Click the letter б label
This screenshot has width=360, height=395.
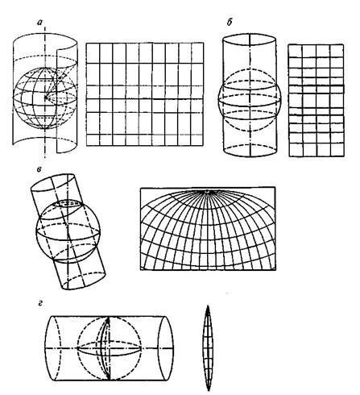(x=230, y=23)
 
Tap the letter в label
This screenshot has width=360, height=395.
(x=39, y=169)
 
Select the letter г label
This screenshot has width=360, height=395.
(x=40, y=304)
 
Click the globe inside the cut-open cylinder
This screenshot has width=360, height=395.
(x=45, y=98)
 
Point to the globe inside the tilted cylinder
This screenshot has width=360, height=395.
(x=68, y=231)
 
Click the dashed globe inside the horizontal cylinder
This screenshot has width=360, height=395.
(x=110, y=348)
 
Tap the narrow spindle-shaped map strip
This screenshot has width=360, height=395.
(x=208, y=348)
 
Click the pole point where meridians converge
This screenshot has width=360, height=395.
(x=207, y=191)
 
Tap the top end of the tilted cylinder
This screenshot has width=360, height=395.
(x=53, y=184)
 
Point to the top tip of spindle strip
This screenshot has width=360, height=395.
(x=208, y=306)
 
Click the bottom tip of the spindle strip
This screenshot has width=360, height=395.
(x=208, y=390)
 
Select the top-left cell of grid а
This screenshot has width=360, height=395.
(x=93, y=53)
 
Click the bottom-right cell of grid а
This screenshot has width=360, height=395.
(x=197, y=140)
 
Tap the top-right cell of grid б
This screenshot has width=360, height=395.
(x=337, y=51)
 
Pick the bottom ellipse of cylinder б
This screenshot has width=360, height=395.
(x=250, y=151)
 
